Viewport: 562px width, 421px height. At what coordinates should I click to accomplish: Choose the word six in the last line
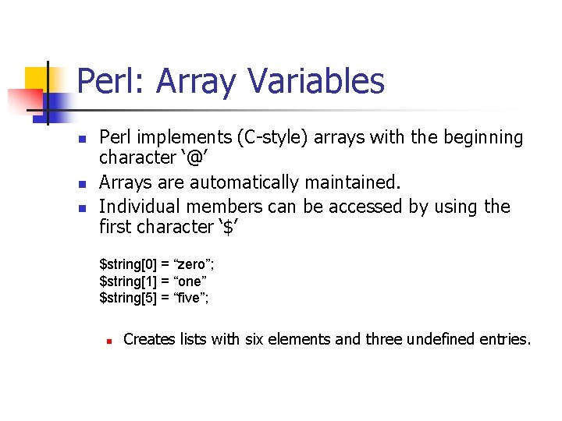[x=256, y=339]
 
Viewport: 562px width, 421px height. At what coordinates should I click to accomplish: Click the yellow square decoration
[x=37, y=78]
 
